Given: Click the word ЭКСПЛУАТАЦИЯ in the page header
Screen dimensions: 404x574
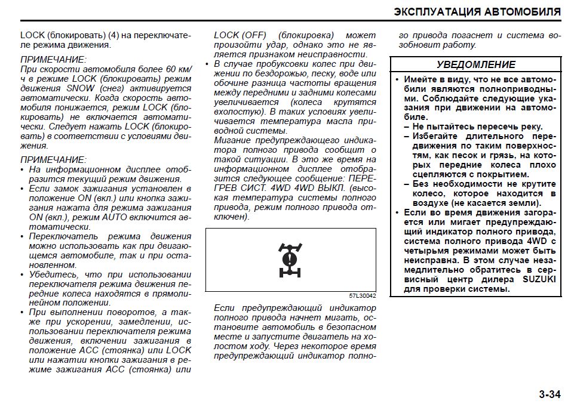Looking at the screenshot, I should click(x=437, y=12).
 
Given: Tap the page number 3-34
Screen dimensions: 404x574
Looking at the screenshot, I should click(x=550, y=394).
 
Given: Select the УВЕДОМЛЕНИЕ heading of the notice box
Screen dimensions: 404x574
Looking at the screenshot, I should click(x=475, y=64).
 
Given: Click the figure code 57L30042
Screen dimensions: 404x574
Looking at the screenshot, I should click(x=363, y=295).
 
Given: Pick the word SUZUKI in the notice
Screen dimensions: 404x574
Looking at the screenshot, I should click(x=539, y=279).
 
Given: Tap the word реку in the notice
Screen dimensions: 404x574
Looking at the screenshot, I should click(x=530, y=126).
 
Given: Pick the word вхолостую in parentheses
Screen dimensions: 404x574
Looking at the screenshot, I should click(x=235, y=112).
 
